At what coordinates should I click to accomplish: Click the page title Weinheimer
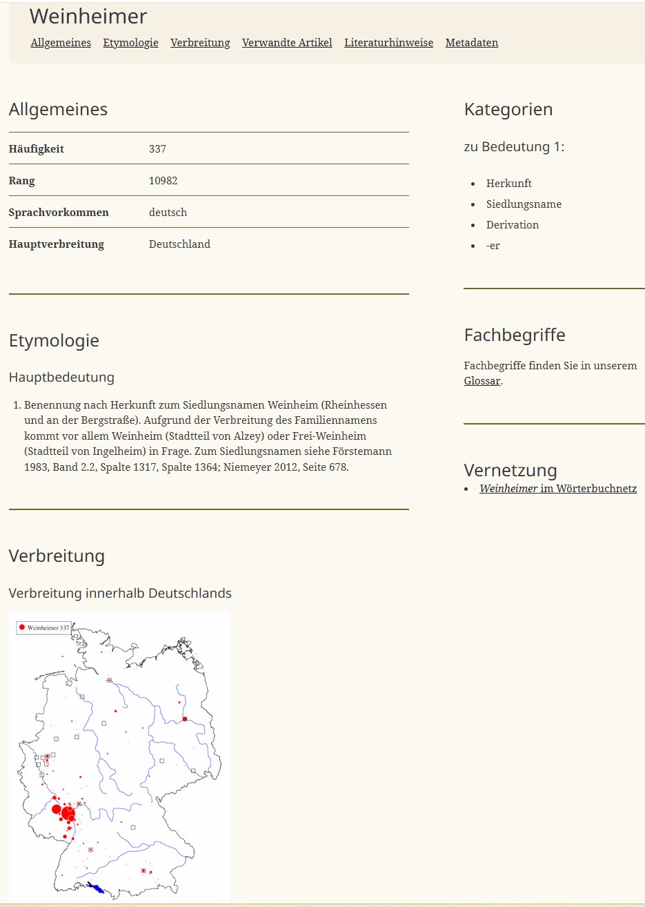88,17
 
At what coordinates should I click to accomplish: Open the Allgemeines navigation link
61,43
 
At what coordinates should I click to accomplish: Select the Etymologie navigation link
130,43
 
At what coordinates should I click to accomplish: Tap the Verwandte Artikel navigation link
287,43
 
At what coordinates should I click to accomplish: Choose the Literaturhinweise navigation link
388,43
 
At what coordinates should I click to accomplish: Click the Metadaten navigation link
471,43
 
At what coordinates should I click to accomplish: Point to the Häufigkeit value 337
157,149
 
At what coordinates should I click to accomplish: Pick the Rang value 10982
163,181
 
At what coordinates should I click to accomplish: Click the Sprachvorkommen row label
59,213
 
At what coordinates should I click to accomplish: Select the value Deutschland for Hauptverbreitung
179,244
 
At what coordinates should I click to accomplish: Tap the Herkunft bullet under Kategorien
508,184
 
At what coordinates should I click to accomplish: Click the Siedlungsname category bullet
524,204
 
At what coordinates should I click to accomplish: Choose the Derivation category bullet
512,225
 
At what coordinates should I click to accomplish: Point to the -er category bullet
493,246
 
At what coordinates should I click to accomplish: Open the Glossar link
482,381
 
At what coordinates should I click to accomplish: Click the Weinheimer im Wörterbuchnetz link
557,489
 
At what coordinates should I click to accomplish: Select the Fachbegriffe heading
514,335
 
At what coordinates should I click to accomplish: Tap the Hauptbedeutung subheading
61,378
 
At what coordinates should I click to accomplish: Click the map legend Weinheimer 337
44,627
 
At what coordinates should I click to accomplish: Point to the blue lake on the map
95,888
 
